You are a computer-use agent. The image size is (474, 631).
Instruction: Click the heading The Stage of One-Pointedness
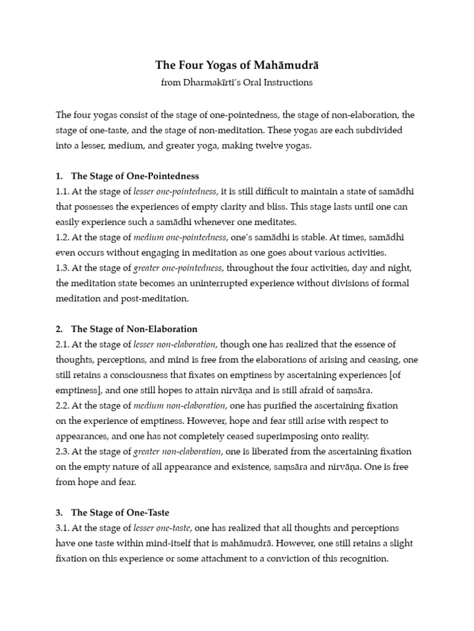click(135, 176)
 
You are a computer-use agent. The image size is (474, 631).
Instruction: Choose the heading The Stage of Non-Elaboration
click(134, 329)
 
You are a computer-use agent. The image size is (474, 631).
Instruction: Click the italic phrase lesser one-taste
click(162, 528)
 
